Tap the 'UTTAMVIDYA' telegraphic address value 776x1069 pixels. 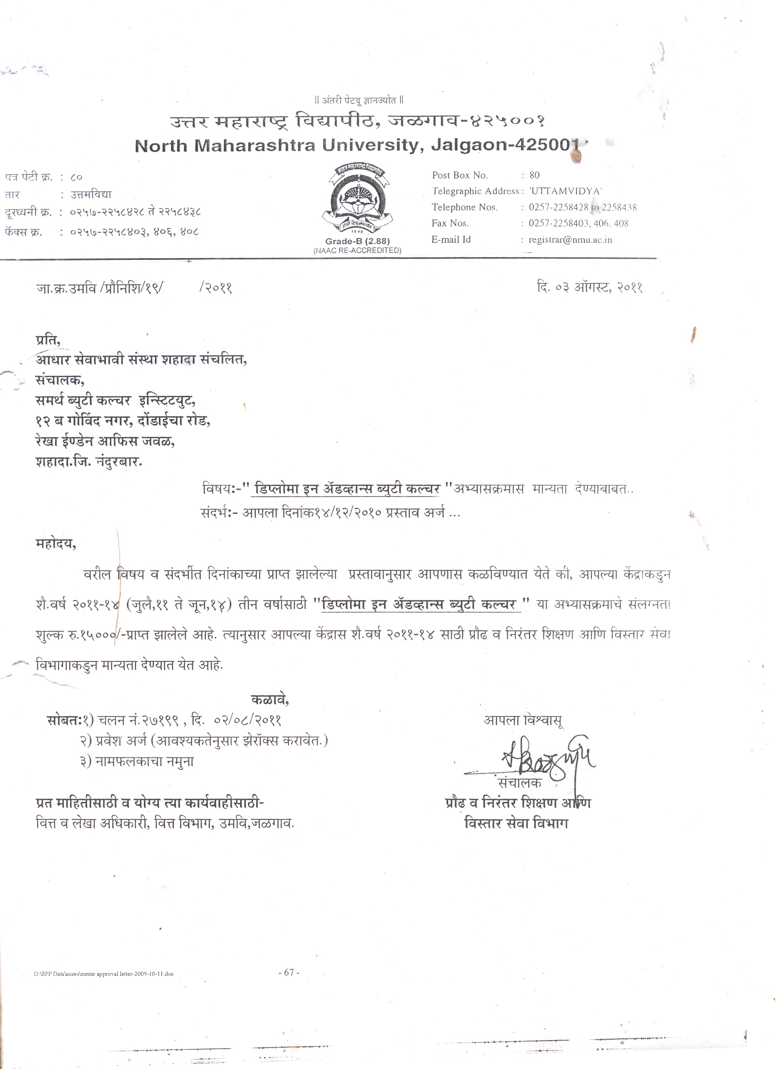pos(566,191)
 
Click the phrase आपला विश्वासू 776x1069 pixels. pos(523,720)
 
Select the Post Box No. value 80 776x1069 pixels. pos(534,175)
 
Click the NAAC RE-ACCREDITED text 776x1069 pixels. pos(357,251)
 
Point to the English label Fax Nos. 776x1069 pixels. pos(450,224)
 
